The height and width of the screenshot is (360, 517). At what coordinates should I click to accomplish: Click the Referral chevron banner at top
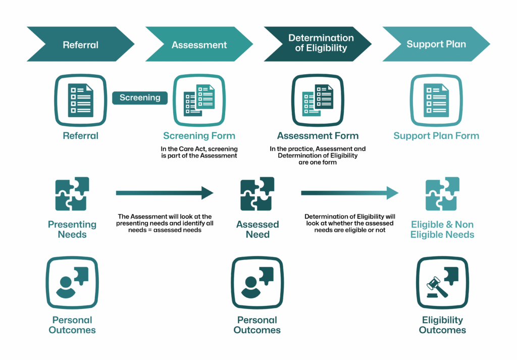[x=80, y=44]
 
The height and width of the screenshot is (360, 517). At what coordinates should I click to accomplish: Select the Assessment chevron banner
[x=199, y=44]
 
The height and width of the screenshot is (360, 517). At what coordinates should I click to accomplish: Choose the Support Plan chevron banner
[x=436, y=44]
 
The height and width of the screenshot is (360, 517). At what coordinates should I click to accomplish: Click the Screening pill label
[x=140, y=97]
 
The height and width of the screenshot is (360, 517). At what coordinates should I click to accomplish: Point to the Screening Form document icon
[x=199, y=99]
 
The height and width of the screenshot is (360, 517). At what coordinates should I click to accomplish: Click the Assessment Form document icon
[x=318, y=99]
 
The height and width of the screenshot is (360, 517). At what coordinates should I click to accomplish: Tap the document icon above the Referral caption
[x=80, y=99]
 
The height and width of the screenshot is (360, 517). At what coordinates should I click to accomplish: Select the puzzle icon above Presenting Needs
[x=72, y=194]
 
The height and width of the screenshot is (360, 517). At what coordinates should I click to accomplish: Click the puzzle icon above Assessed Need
[x=257, y=194]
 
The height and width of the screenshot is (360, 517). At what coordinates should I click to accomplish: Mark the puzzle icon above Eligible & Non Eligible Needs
[x=442, y=194]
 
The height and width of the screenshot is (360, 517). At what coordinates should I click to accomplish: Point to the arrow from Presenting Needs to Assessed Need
[x=165, y=193]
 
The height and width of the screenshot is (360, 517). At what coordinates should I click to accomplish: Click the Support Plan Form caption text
[x=436, y=136]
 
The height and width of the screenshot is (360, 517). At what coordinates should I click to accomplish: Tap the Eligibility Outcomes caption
[x=442, y=325]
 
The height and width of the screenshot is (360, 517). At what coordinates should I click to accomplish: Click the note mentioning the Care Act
[x=199, y=152]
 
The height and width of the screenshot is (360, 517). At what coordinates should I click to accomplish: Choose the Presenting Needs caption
[x=72, y=229]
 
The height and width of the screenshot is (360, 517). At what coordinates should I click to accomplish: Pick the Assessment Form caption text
[x=318, y=136]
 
